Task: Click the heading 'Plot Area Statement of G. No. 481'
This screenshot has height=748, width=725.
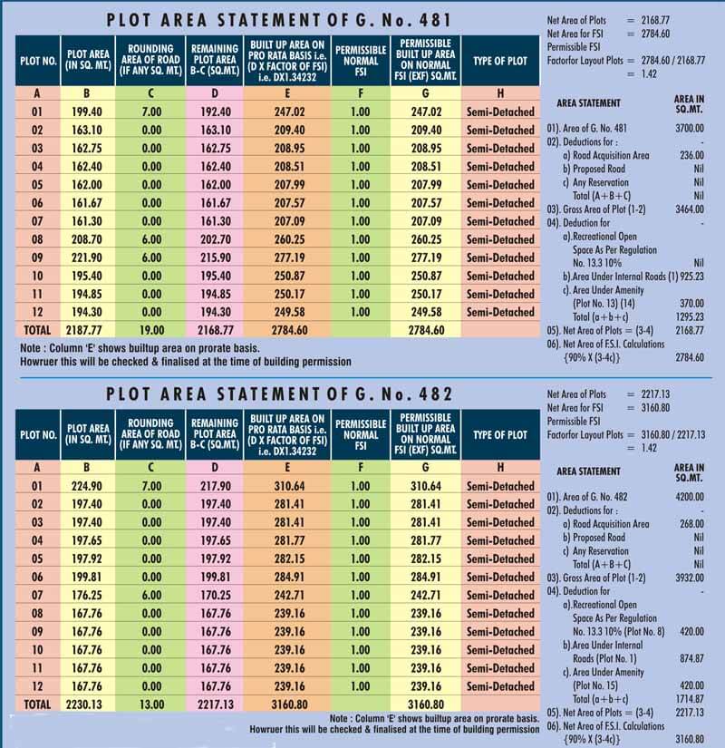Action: [279, 19]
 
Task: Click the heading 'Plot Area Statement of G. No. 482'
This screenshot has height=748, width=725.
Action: [279, 395]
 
